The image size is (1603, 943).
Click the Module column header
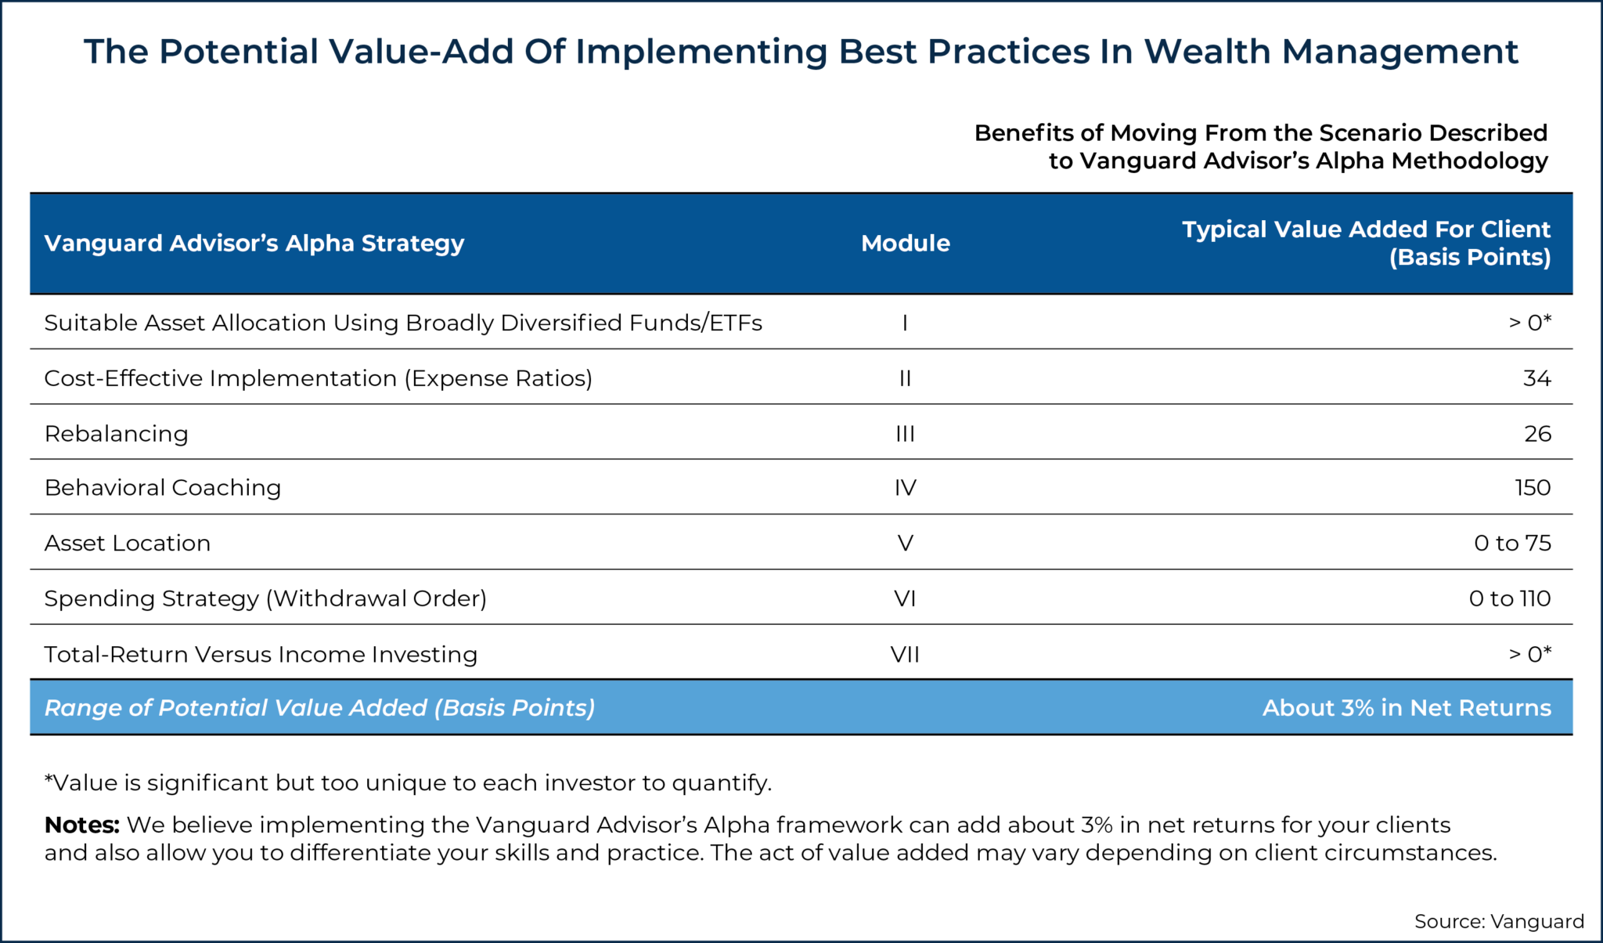coord(905,244)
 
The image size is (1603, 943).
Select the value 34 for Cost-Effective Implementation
coord(1536,378)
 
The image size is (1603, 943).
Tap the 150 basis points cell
coord(1532,488)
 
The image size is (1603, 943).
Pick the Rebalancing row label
coord(116,434)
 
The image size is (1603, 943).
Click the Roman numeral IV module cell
coord(905,488)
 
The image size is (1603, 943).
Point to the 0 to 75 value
coord(1511,544)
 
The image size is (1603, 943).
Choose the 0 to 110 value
coord(1509,598)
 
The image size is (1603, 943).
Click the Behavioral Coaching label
coord(162,488)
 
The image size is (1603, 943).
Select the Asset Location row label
coord(127,544)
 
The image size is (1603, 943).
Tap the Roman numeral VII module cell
coord(905,654)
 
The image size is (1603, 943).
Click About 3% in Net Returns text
coord(1406,708)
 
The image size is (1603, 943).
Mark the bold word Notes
coord(81,825)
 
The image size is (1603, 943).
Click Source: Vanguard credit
coord(1498,921)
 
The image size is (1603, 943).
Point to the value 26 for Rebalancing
coord(1537,434)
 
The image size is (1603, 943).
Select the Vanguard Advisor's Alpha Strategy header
coord(254,244)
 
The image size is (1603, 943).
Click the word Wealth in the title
coord(1206,52)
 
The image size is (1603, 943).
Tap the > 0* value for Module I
coord(1529,323)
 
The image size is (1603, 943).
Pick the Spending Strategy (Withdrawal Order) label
coord(265,598)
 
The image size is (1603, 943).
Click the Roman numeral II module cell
coord(905,378)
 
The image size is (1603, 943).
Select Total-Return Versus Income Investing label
coord(260,654)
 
